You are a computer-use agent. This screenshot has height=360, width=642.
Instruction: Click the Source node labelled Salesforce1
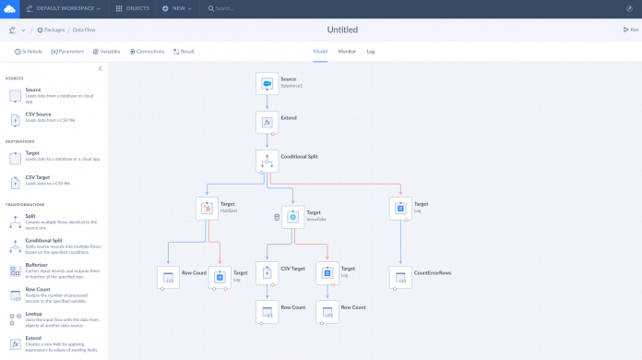pyautogui.click(x=267, y=83)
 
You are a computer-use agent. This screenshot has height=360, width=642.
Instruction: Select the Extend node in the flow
pyautogui.click(x=267, y=122)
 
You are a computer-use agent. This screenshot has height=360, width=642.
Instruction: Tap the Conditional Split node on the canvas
pyautogui.click(x=267, y=161)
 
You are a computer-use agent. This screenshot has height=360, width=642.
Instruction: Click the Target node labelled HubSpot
pyautogui.click(x=208, y=208)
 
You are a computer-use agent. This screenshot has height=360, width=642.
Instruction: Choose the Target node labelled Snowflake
pyautogui.click(x=292, y=217)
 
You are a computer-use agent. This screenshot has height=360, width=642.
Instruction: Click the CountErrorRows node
pyautogui.click(x=400, y=277)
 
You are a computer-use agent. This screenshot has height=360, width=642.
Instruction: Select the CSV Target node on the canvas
pyautogui.click(x=267, y=272)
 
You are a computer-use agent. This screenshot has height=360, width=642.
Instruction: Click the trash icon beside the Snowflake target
pyautogui.click(x=277, y=218)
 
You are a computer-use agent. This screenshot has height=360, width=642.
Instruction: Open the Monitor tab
pyautogui.click(x=347, y=52)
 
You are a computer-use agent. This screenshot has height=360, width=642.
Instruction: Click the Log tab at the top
pyautogui.click(x=371, y=52)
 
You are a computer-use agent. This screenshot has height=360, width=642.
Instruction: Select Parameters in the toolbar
pyautogui.click(x=67, y=52)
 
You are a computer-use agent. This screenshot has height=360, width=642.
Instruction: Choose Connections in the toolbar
pyautogui.click(x=146, y=52)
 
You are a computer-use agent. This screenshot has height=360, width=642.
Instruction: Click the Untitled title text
pyautogui.click(x=342, y=30)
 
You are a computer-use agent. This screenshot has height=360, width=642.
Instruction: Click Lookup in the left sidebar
pyautogui.click(x=33, y=313)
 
